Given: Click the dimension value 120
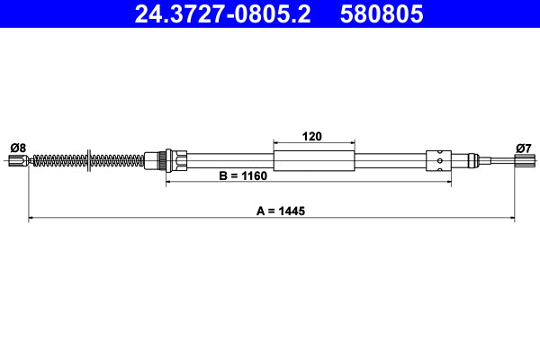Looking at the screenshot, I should click(312, 137).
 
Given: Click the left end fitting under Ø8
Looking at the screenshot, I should click(17, 162).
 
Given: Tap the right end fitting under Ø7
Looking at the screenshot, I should click(522, 162).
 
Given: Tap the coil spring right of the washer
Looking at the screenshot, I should click(117, 162).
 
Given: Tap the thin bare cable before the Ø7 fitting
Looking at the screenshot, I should click(495, 162).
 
